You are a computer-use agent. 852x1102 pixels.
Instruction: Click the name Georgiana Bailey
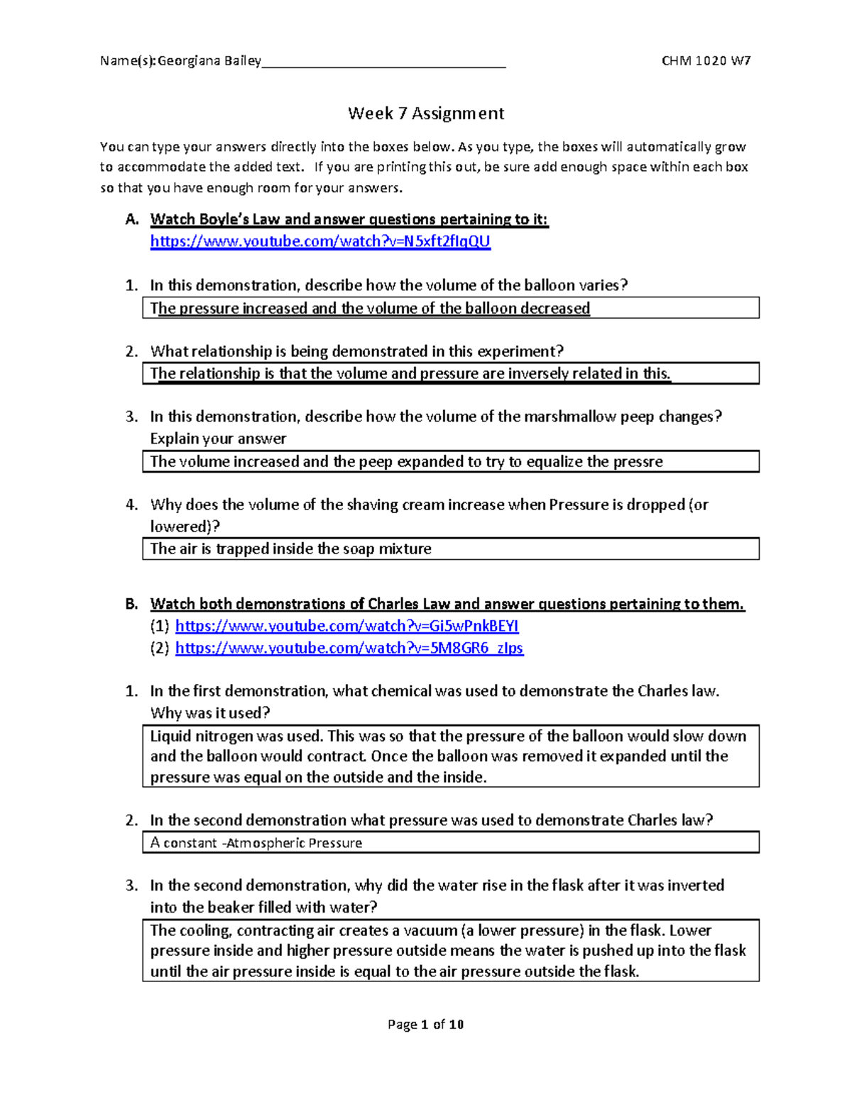(x=209, y=61)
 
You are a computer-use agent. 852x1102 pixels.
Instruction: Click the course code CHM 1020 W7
(x=706, y=61)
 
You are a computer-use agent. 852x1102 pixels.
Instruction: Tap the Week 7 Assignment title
(x=426, y=114)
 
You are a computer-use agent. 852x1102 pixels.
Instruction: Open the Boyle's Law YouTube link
(x=320, y=241)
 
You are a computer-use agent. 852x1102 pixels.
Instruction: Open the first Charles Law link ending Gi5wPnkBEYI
(x=346, y=626)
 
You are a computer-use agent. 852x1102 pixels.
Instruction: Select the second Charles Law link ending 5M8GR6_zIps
(x=349, y=648)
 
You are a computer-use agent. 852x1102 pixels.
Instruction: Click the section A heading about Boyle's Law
(x=349, y=219)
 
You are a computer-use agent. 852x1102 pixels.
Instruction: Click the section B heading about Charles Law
(x=447, y=604)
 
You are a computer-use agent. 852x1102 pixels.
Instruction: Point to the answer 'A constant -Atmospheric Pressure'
(x=256, y=843)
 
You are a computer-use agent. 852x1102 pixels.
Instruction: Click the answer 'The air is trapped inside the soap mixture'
(x=290, y=549)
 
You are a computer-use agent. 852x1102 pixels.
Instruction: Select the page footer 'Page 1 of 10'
(x=425, y=1024)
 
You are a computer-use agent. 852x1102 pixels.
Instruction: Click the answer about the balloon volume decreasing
(x=370, y=309)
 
